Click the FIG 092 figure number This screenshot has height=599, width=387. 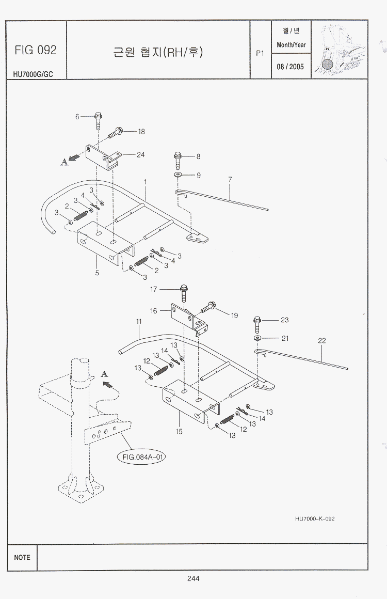[x=36, y=50]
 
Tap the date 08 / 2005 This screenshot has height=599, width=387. [x=291, y=67]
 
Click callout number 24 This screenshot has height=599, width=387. [x=140, y=154]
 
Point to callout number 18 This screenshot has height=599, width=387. [x=141, y=132]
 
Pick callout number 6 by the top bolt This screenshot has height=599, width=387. [x=77, y=117]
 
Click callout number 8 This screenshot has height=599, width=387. [x=198, y=156]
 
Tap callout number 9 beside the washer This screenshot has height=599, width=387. [x=198, y=176]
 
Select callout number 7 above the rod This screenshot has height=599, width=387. [x=230, y=179]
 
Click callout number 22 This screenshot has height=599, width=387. [x=322, y=341]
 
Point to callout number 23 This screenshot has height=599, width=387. [x=285, y=320]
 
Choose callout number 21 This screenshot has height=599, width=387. [x=285, y=338]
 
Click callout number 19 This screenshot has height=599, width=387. [x=235, y=315]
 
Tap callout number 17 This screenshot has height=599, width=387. [x=153, y=289]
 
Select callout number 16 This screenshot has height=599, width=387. [x=153, y=311]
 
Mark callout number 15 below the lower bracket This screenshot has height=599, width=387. [x=179, y=432]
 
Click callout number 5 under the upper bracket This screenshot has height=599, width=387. [x=97, y=273]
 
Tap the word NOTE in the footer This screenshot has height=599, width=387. [x=22, y=557]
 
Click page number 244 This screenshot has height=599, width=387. [x=193, y=578]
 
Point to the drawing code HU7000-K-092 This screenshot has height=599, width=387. [x=315, y=518]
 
